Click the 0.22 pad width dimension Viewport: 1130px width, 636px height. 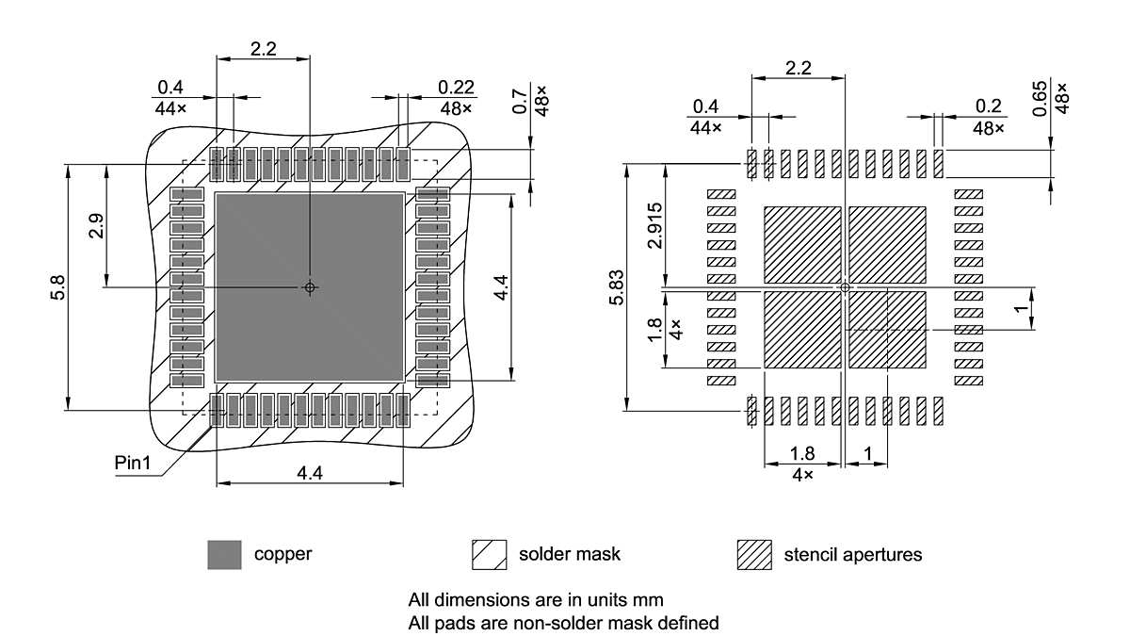(457, 87)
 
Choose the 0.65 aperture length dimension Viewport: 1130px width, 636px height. (1039, 99)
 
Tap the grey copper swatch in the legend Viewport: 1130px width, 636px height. (224, 555)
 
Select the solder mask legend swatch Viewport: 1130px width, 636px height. (489, 555)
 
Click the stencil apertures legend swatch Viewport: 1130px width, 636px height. (754, 555)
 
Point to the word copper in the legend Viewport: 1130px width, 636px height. (282, 554)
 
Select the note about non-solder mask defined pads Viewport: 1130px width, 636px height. (563, 622)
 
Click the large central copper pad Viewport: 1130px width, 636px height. (310, 286)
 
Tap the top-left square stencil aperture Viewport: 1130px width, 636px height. (801, 244)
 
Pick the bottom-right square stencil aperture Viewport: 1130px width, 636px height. (887, 330)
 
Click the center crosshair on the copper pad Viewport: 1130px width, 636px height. (310, 287)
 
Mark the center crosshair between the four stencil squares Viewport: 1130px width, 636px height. (845, 287)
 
